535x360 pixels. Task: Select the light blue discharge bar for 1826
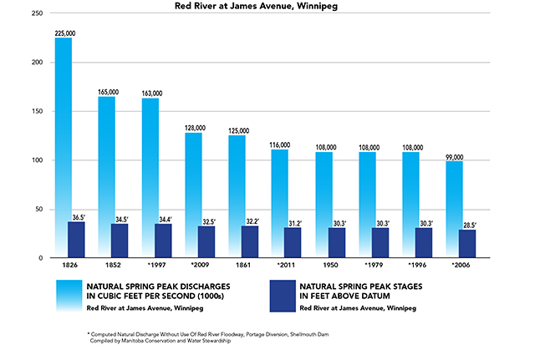(64, 125)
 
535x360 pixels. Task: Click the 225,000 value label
(64, 33)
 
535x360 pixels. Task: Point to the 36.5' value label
(77, 215)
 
